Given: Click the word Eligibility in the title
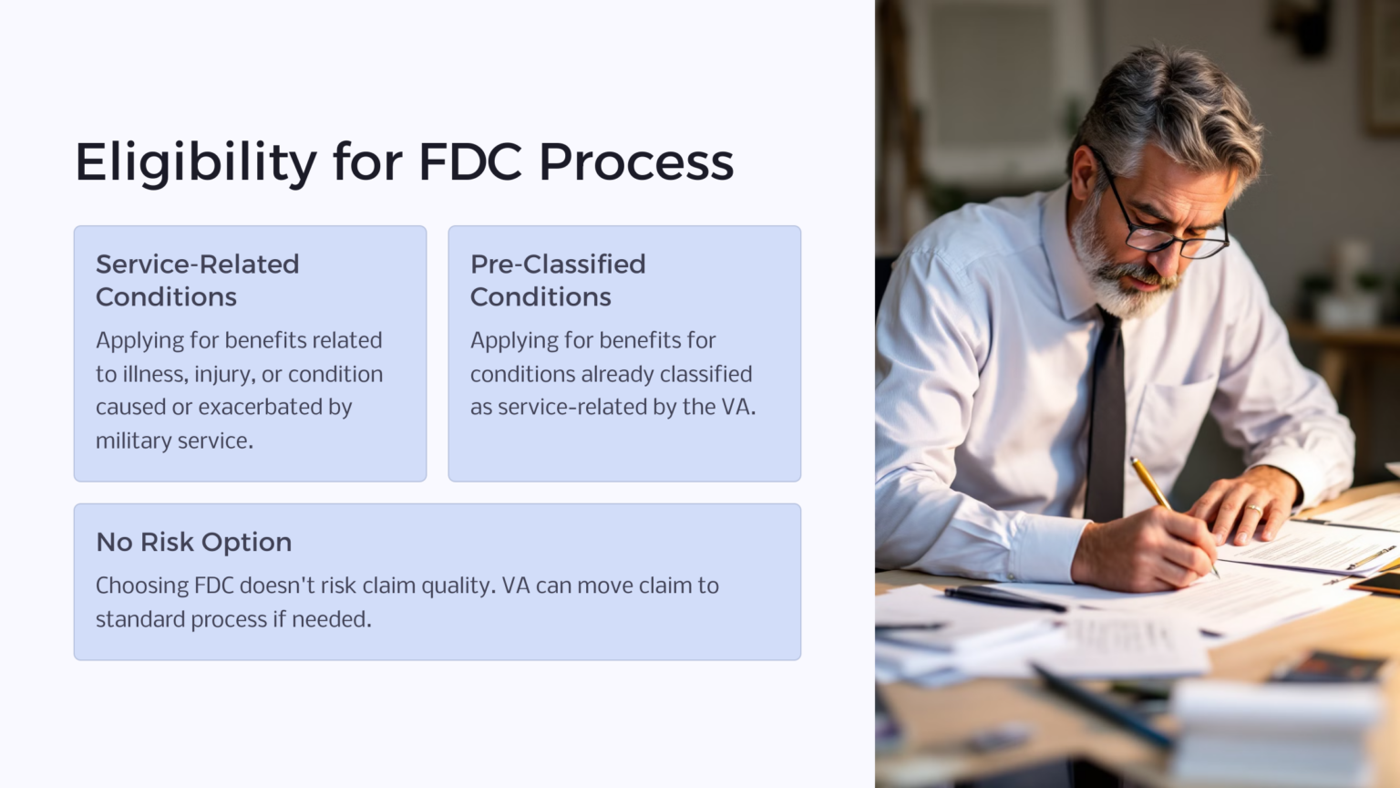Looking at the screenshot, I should [196, 162].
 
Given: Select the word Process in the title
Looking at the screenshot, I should [636, 162].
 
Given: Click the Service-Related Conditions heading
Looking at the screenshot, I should [198, 280].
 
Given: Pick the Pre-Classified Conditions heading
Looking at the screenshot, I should [558, 280].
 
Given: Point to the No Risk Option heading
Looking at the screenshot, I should [194, 542].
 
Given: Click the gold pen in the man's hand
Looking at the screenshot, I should [1154, 487].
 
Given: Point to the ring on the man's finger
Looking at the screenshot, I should [1253, 508].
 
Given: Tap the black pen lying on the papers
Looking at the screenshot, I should [1003, 598].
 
